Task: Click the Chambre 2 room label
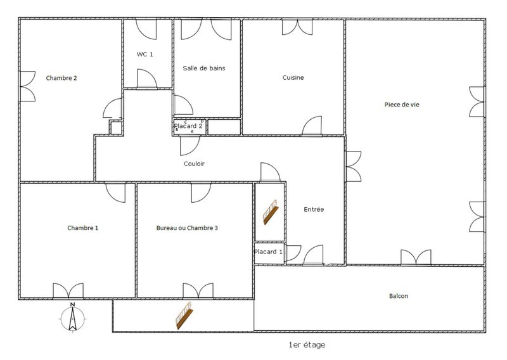click(61, 78)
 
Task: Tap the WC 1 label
click(145, 55)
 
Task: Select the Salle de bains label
click(204, 68)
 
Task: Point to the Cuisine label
click(293, 77)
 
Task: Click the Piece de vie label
click(402, 105)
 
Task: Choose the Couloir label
click(195, 164)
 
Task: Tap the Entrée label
click(314, 209)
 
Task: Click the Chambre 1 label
click(83, 228)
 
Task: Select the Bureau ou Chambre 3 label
click(187, 228)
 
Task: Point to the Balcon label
click(399, 296)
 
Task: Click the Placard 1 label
click(268, 252)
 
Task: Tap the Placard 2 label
click(188, 126)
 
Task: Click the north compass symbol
click(73, 318)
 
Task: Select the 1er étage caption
click(307, 345)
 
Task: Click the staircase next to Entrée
click(271, 212)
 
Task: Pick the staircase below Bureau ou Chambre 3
click(184, 316)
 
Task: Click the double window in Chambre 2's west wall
click(28, 86)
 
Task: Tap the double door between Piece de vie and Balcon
click(416, 257)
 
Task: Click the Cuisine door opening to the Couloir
click(312, 125)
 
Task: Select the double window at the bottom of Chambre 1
click(68, 291)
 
